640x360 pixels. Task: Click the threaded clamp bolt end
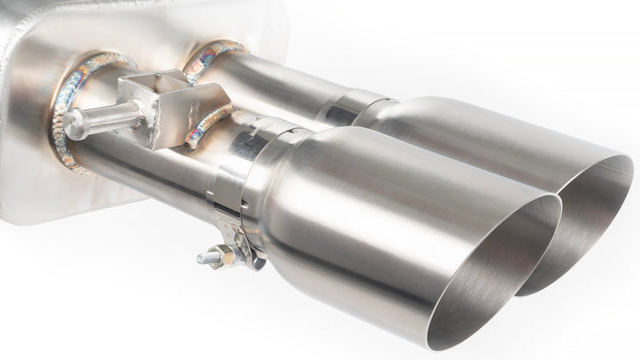203,260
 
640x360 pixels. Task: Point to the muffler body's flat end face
27,133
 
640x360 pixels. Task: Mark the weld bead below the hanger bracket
208,124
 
